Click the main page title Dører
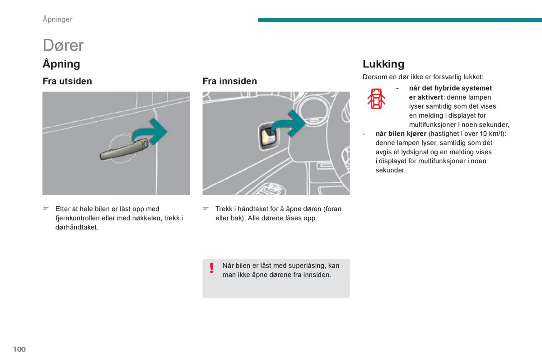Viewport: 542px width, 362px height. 63,45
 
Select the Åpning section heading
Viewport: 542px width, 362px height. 61,64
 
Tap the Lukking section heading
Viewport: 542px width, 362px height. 383,64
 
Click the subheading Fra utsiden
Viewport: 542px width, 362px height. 67,81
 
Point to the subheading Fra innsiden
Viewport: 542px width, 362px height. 229,81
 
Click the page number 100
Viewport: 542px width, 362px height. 19,349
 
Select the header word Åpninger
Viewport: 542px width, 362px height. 57,19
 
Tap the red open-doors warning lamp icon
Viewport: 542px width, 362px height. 376,99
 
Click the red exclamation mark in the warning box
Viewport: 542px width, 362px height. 211,268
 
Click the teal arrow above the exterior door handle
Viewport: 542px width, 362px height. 154,131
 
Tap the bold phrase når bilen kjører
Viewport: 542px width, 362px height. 401,134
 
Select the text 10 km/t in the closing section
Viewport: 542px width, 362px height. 491,134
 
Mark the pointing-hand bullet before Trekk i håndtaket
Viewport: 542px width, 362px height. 206,209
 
